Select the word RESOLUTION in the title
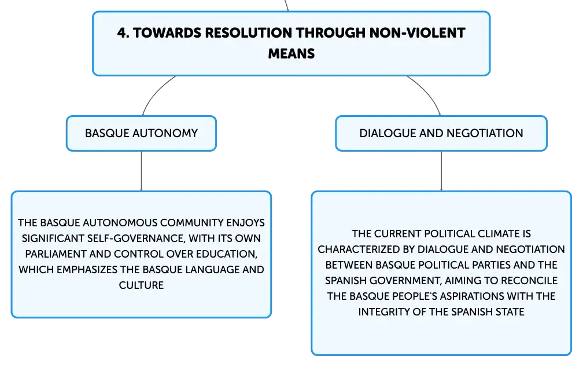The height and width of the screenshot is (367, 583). pos(248,33)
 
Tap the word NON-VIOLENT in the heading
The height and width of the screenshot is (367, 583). pos(417,33)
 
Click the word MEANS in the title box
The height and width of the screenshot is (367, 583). pos(291,54)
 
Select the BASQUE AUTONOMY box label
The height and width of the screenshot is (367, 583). pos(141,133)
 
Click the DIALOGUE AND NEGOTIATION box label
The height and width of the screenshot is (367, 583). pos(441,133)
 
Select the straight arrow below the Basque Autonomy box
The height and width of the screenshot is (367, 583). pos(141,171)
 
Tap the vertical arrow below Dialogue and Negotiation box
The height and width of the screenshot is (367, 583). pos(441,171)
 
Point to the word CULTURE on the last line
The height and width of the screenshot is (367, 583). pos(141,285)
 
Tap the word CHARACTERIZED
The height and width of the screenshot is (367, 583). pos(361,249)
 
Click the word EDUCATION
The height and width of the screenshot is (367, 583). pos(227,254)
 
